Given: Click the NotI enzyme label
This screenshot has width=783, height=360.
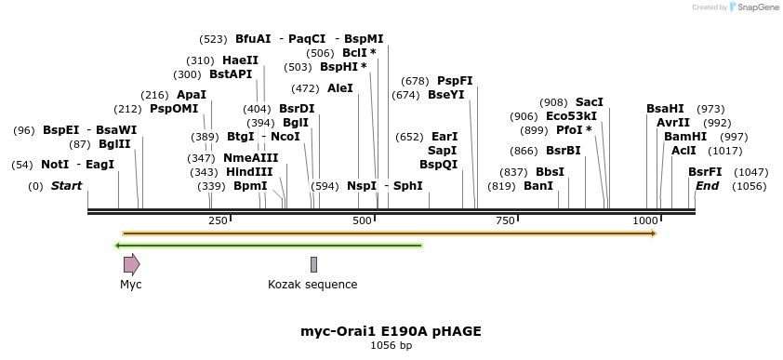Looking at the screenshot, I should click(x=55, y=165).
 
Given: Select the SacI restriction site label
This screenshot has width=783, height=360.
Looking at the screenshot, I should click(x=589, y=102).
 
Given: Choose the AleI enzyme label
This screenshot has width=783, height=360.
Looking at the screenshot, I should click(x=340, y=88).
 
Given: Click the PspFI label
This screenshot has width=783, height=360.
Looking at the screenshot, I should click(x=455, y=81).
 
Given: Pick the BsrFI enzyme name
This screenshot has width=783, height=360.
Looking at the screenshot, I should click(x=705, y=172).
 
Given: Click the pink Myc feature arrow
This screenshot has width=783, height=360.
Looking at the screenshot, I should click(x=131, y=264).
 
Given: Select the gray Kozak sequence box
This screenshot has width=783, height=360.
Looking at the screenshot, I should click(x=313, y=264).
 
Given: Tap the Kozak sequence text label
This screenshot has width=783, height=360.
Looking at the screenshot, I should click(x=312, y=285).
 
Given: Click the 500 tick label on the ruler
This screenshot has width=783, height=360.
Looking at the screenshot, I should click(x=362, y=220).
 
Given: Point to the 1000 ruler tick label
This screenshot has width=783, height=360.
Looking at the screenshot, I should click(x=644, y=220).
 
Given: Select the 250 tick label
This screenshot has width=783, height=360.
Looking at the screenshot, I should click(x=218, y=220).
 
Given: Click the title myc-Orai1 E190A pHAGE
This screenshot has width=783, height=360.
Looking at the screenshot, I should click(x=391, y=331).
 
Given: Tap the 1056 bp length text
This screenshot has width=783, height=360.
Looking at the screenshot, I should click(x=391, y=346).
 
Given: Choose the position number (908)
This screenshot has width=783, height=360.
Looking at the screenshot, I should click(x=553, y=102).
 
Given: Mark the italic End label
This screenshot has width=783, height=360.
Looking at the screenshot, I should click(x=707, y=186).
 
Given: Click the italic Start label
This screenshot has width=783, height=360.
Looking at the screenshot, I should click(x=66, y=186).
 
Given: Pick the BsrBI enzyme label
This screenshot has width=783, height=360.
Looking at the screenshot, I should click(x=563, y=151).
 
